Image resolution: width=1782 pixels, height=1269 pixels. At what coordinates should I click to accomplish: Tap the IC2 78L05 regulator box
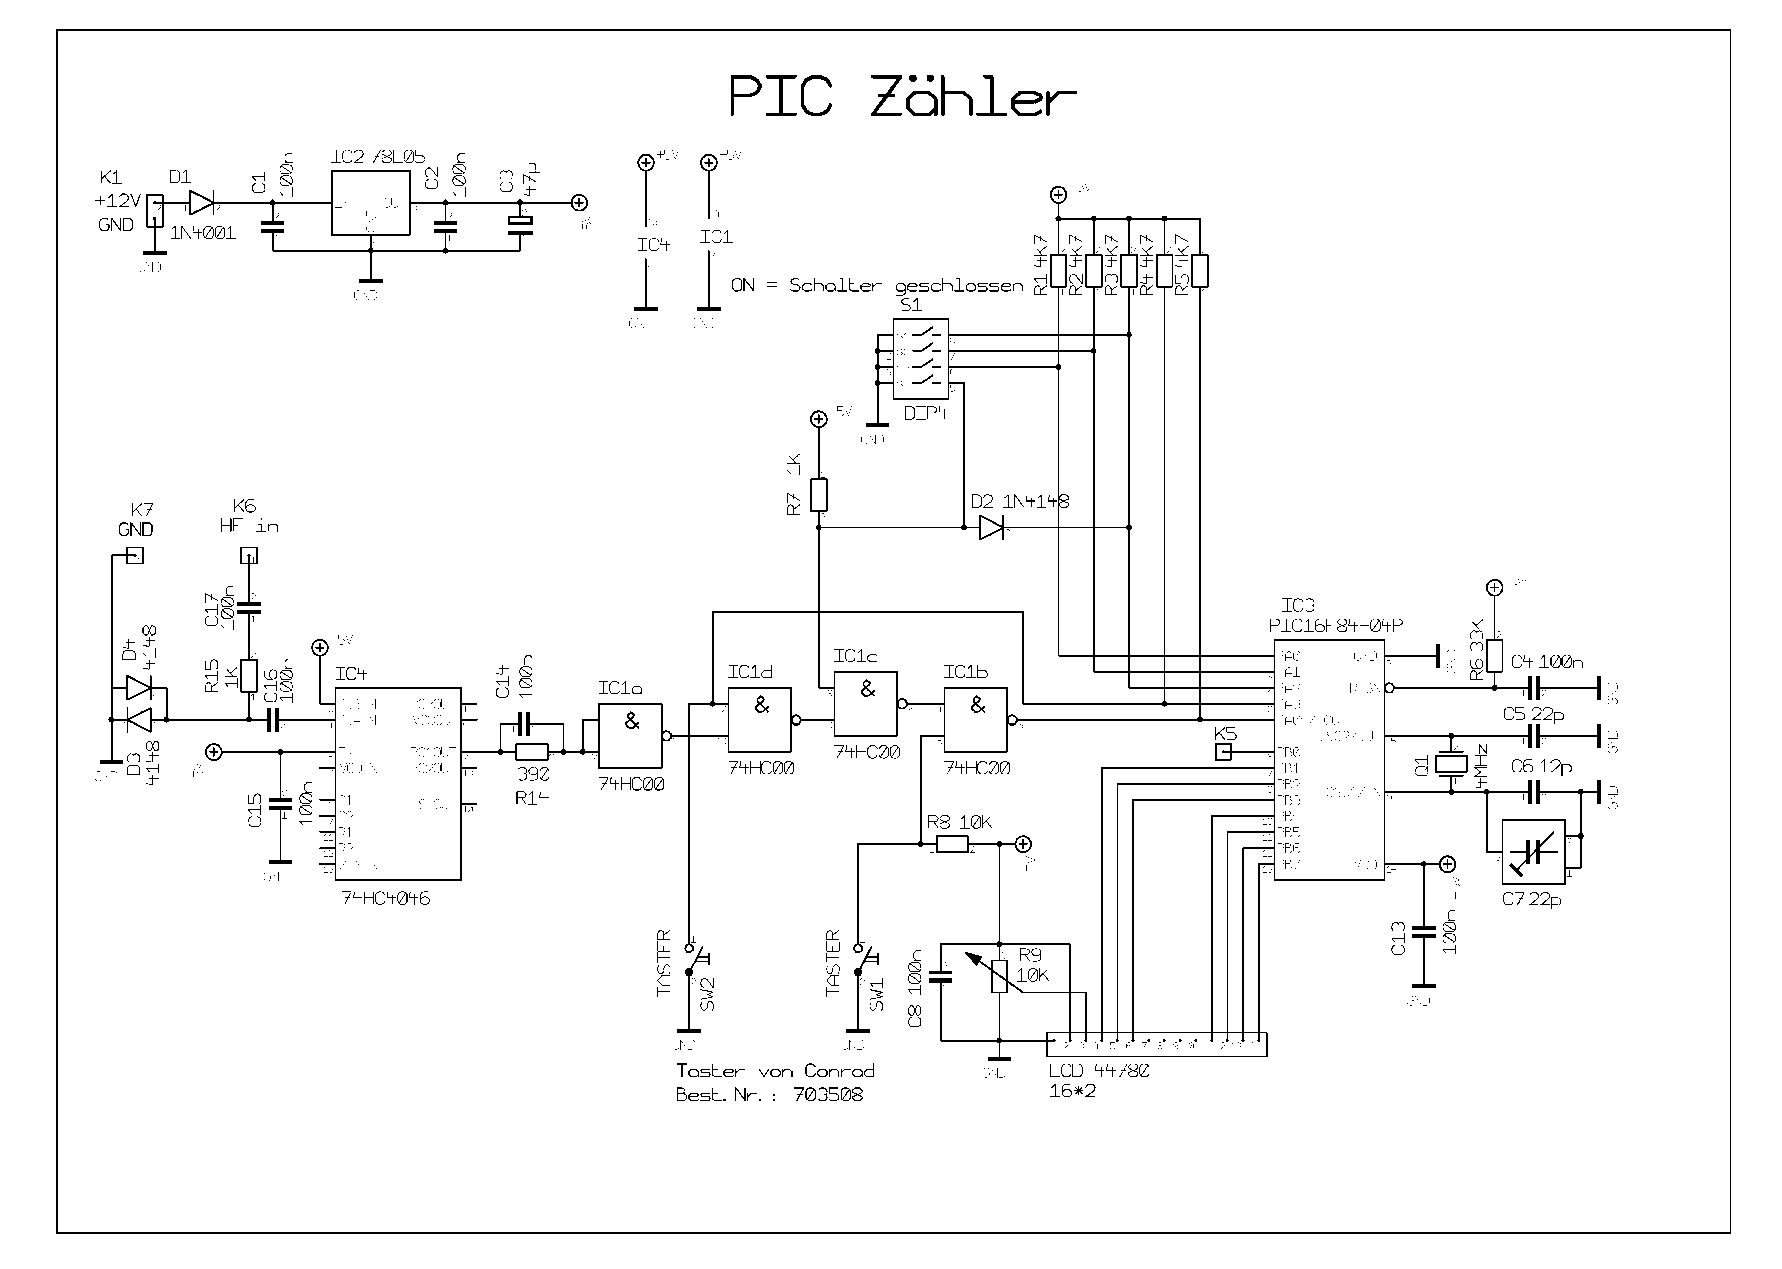370,202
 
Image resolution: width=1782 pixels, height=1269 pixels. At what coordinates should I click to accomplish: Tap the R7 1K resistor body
818,495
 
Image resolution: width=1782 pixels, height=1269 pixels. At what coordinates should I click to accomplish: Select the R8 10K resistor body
952,844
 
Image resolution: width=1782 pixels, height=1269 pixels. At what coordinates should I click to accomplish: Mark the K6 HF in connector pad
249,555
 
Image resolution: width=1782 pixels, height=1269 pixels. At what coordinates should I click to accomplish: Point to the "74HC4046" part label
385,899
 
